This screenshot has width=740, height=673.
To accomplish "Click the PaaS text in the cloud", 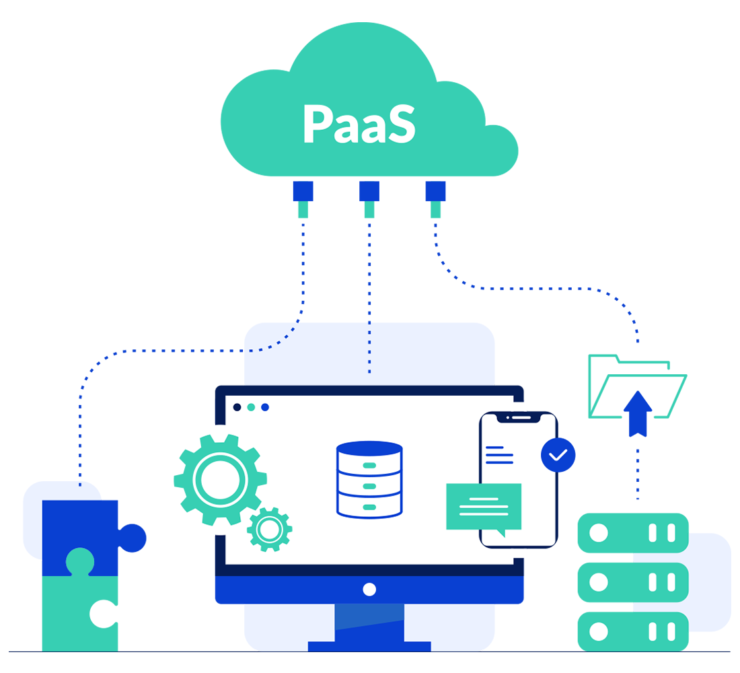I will pos(359,123).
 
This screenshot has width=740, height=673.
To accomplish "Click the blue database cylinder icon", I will pos(369,478).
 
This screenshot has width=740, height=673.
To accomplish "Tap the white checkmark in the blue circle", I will pos(558,454).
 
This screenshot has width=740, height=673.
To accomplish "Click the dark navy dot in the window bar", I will pos(237,407).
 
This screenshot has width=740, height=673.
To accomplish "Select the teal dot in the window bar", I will pos(251,407).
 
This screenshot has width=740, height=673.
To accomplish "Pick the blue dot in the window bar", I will pos(265,407).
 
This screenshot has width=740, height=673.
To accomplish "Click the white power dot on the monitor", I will pos(369,590).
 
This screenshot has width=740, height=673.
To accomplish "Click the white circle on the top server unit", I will pos(598,534).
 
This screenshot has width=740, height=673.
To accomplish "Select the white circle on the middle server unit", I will pos(598,581).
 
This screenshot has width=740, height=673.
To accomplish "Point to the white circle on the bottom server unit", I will pos(598,631).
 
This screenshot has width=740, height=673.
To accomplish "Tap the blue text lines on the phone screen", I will pos(499,454).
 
